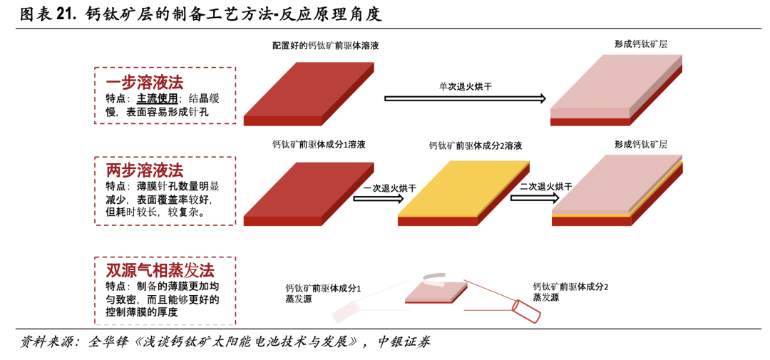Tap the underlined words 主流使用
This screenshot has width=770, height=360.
(x=158, y=98)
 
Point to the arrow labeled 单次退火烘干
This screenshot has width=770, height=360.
(x=465, y=98)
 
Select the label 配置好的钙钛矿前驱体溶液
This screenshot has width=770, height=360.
(x=325, y=46)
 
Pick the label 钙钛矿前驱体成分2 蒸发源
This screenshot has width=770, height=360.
(x=570, y=292)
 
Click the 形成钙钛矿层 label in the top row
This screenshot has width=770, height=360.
(x=641, y=44)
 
